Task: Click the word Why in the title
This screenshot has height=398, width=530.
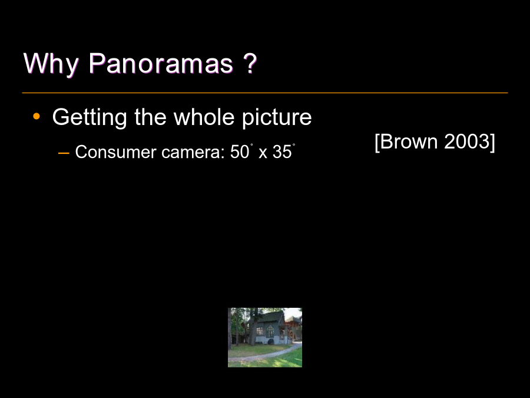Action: [51, 64]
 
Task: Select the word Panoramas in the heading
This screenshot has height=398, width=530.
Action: [161, 63]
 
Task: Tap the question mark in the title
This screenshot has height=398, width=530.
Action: [250, 63]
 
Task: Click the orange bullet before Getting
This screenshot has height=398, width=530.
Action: [37, 117]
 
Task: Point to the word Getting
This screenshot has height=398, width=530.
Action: [90, 117]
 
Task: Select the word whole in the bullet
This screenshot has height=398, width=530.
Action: [204, 117]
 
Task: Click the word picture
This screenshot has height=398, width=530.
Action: [277, 117]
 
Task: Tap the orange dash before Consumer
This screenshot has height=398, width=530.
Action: [64, 153]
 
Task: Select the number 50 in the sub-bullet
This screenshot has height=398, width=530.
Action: [239, 152]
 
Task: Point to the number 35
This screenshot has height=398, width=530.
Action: [282, 152]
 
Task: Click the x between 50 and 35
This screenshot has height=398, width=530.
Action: [263, 154]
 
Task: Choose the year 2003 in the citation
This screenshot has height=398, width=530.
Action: [466, 141]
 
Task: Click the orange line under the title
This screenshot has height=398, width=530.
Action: [265, 93]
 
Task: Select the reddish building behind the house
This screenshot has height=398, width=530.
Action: [293, 329]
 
